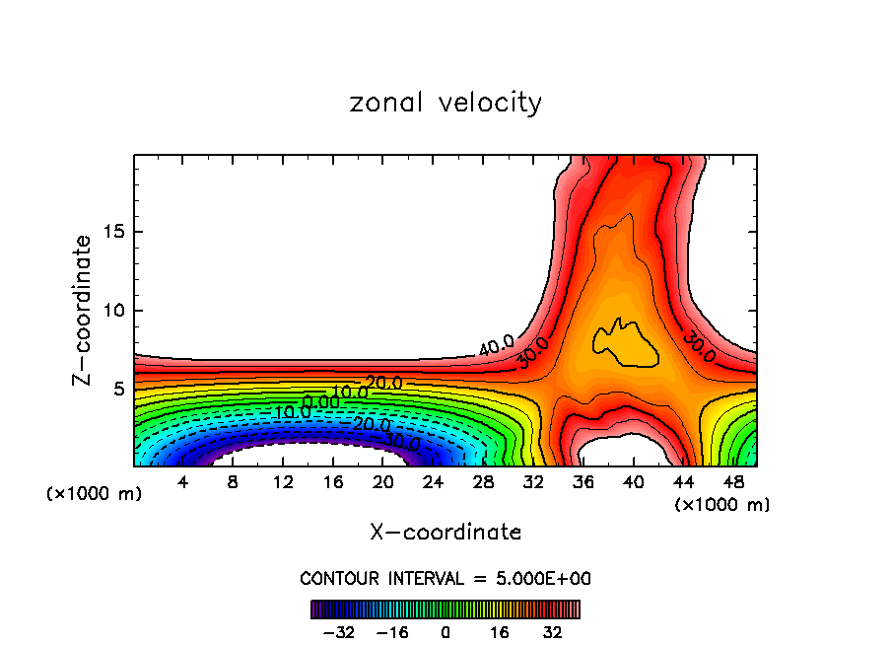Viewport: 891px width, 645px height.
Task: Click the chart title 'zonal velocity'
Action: (445, 103)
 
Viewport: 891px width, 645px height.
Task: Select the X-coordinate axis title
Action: (445, 533)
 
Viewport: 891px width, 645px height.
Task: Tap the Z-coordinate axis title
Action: (83, 310)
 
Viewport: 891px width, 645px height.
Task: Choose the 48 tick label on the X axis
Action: (732, 483)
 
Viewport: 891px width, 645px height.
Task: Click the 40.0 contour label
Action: (496, 345)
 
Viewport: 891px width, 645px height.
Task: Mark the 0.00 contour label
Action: (320, 401)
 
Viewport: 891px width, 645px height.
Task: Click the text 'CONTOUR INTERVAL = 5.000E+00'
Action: (445, 578)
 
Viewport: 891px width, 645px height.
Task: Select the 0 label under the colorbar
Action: (445, 632)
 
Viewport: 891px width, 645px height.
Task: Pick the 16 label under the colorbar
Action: (500, 632)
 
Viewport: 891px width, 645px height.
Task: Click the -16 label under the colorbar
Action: (391, 632)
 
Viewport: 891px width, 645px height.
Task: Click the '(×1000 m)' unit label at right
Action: (722, 505)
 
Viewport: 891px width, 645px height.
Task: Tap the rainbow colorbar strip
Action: (445, 609)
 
